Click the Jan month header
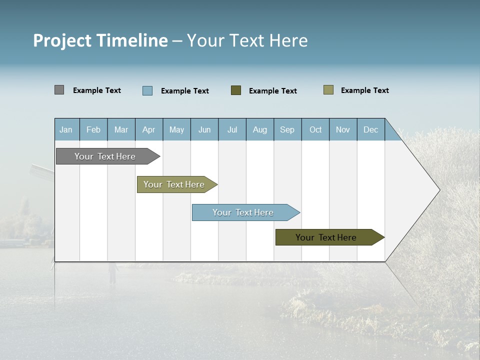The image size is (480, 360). [66, 129]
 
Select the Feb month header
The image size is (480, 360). [93, 129]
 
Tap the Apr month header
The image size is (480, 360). [149, 129]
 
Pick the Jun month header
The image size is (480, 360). [204, 129]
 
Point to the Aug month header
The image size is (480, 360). [260, 129]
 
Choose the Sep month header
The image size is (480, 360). [287, 129]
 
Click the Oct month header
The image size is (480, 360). [315, 129]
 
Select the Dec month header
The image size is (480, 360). [371, 129]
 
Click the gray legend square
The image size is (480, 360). [59, 90]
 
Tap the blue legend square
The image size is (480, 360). [147, 90]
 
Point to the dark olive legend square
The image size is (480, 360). [236, 90]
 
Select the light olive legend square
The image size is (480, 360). [328, 90]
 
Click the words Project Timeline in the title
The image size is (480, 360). [100, 40]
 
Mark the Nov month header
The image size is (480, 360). [343, 129]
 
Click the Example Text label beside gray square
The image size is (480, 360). [97, 90]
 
